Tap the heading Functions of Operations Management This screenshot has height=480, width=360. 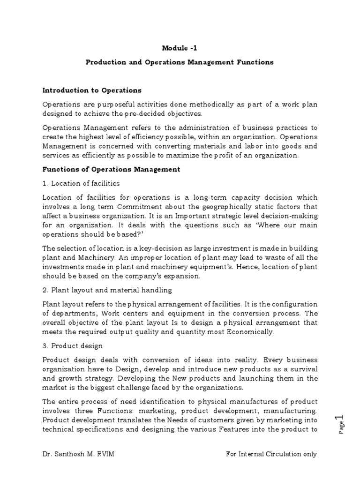(111, 169)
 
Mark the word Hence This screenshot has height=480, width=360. (242, 267)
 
